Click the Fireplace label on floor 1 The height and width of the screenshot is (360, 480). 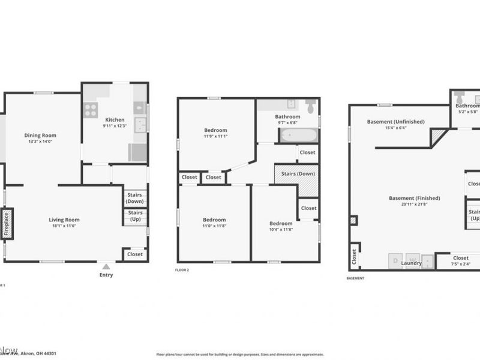(x=7, y=223)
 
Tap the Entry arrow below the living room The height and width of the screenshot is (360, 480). (x=106, y=267)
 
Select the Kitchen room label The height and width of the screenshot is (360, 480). (x=115, y=119)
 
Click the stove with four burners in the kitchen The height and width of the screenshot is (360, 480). (x=91, y=110)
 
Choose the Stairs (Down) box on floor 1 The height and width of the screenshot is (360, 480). (x=136, y=198)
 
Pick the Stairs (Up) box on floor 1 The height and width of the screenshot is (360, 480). (x=136, y=216)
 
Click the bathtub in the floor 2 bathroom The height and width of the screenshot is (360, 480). (x=298, y=134)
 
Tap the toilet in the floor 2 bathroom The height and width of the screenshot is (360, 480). (x=310, y=106)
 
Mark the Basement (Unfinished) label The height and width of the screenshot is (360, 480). (x=395, y=122)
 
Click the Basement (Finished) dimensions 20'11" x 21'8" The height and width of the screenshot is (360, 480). (x=414, y=204)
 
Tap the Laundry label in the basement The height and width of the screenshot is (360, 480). (x=411, y=263)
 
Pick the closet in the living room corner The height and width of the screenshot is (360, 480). (x=135, y=254)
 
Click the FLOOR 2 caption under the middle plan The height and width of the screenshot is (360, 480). (x=182, y=270)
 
